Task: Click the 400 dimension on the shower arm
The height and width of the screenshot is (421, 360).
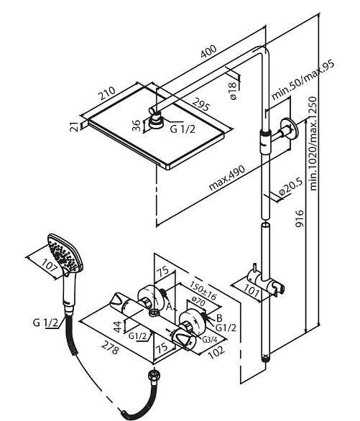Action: (x=208, y=51)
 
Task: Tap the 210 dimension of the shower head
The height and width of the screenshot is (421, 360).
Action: (x=107, y=93)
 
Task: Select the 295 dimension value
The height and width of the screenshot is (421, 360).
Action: (x=200, y=104)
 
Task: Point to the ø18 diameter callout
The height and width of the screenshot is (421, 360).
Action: (x=233, y=91)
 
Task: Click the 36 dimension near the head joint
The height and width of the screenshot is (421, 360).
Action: (x=137, y=126)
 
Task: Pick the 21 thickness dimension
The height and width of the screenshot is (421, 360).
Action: (x=74, y=126)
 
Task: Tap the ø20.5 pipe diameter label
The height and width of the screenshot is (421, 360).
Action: (x=290, y=187)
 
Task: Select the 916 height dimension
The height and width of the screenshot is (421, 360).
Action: (x=300, y=218)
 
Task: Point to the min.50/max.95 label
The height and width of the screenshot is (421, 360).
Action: (x=303, y=80)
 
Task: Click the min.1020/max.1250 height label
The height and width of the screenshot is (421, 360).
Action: (x=313, y=144)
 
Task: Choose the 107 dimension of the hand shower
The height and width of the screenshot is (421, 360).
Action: (x=50, y=266)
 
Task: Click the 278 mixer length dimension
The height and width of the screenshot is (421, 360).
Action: (x=110, y=348)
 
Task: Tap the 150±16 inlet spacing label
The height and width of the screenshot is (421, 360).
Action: (x=203, y=290)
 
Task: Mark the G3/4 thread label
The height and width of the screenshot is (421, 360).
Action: (x=209, y=340)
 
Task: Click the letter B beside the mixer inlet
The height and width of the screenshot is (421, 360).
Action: (x=219, y=318)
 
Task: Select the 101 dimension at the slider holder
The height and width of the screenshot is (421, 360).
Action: (x=251, y=290)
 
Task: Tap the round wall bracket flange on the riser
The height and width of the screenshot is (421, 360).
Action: (x=289, y=129)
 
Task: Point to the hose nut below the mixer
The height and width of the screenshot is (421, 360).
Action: (x=154, y=374)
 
